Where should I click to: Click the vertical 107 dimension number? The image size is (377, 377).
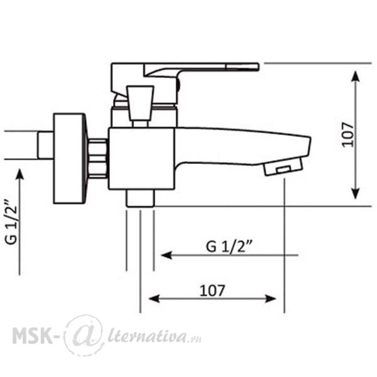347,134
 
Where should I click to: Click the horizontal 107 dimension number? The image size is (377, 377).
212,290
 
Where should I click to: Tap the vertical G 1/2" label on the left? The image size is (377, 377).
11,222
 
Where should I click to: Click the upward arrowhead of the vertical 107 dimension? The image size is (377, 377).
356,77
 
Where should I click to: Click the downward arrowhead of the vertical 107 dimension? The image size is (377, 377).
356,194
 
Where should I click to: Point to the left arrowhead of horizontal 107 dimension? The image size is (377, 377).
154,299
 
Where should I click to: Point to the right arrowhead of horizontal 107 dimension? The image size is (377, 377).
270,299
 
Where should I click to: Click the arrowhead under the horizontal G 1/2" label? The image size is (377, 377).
167,255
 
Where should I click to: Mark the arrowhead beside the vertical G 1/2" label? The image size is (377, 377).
19,174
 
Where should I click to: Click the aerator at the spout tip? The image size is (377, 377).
283,167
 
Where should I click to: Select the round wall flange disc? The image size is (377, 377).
70,159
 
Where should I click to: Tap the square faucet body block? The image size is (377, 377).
141,159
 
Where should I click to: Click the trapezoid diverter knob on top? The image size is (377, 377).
140,104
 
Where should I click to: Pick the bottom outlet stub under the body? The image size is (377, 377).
140,198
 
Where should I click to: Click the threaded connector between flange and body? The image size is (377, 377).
97,159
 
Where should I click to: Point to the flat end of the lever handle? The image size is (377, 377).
243,67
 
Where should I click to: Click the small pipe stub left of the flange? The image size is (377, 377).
45,145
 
